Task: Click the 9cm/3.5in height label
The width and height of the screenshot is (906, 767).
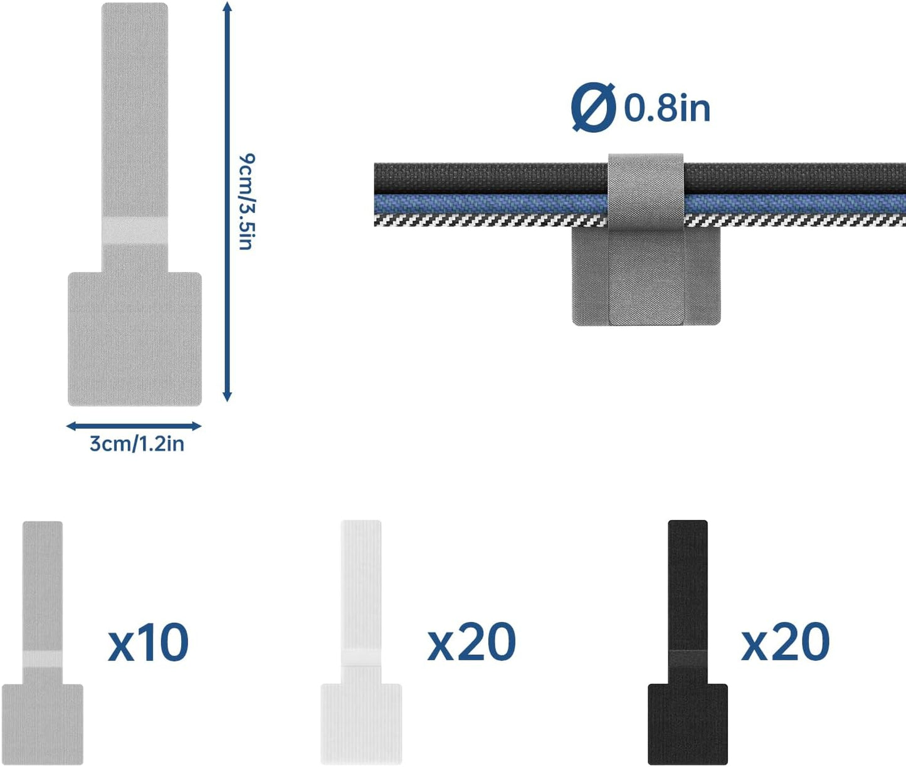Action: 247,202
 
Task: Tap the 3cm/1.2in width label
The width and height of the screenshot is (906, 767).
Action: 137,444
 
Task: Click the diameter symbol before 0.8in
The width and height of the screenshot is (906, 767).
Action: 594,107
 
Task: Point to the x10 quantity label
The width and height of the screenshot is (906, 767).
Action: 148,642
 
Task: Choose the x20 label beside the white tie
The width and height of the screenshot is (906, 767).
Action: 471,642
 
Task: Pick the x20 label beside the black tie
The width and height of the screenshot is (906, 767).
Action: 786,642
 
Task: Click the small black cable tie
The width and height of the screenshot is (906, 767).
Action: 687,642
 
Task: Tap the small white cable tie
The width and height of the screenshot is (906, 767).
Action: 361,642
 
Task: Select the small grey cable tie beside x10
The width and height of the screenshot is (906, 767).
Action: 43,642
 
